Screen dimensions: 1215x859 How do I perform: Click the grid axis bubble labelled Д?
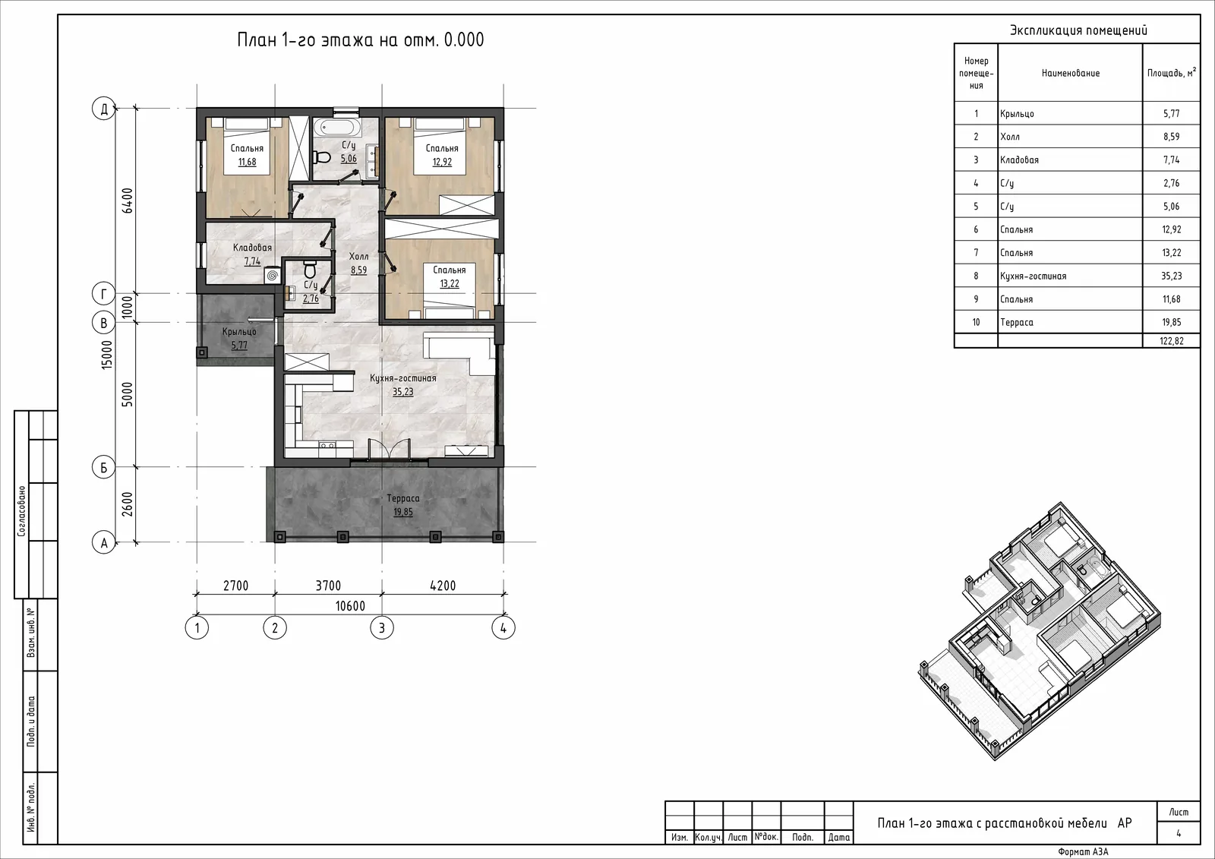(103, 109)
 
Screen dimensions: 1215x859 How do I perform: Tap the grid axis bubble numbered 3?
(382, 628)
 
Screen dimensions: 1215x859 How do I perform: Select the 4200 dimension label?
(443, 586)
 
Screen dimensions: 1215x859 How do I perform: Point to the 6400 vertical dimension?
(128, 201)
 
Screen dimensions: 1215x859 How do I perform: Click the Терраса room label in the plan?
(403, 498)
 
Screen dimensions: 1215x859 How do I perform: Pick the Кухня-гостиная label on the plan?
(403, 378)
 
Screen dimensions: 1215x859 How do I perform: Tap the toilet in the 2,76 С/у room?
(311, 269)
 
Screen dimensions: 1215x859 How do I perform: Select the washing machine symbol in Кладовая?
(273, 276)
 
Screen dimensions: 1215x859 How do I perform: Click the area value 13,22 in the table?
(1171, 252)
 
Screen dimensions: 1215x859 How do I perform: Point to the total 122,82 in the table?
(1171, 341)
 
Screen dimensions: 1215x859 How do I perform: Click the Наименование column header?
(1070, 73)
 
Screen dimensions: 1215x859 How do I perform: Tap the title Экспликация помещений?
(1078, 30)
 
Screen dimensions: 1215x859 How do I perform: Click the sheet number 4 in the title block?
(1179, 833)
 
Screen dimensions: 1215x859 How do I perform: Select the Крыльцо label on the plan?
(239, 332)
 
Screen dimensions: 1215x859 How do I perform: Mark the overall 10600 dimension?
(350, 605)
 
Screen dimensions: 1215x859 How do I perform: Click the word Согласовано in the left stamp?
(22, 511)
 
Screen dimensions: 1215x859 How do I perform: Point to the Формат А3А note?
(1083, 852)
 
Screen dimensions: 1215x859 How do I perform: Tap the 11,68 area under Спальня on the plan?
(247, 162)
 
